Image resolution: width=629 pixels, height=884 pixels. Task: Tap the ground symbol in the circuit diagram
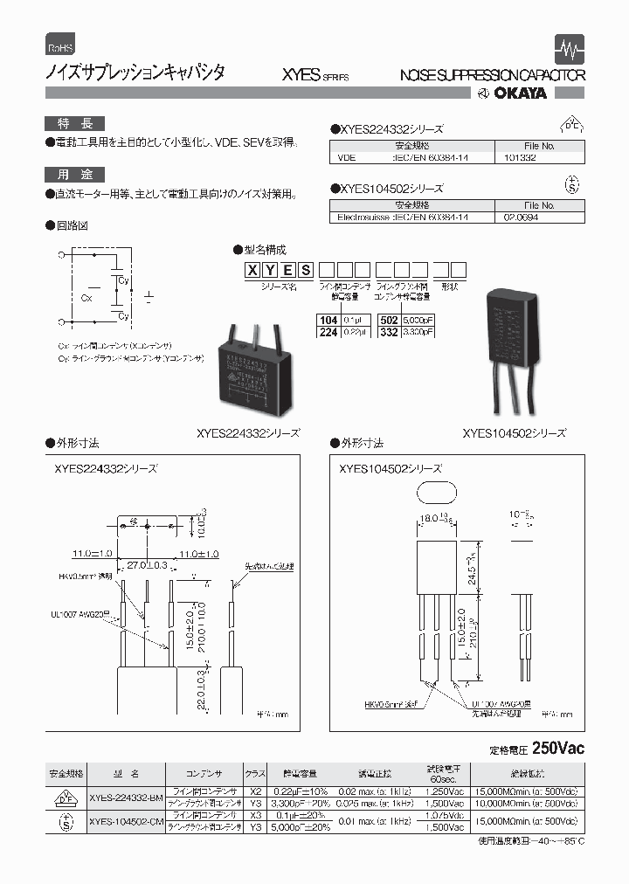[149, 299]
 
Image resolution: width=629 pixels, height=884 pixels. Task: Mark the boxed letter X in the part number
[253, 270]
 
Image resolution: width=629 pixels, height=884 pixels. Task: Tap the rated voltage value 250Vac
[556, 749]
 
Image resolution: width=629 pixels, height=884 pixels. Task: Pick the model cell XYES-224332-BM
[126, 797]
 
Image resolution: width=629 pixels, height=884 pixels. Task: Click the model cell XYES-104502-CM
[126, 821]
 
